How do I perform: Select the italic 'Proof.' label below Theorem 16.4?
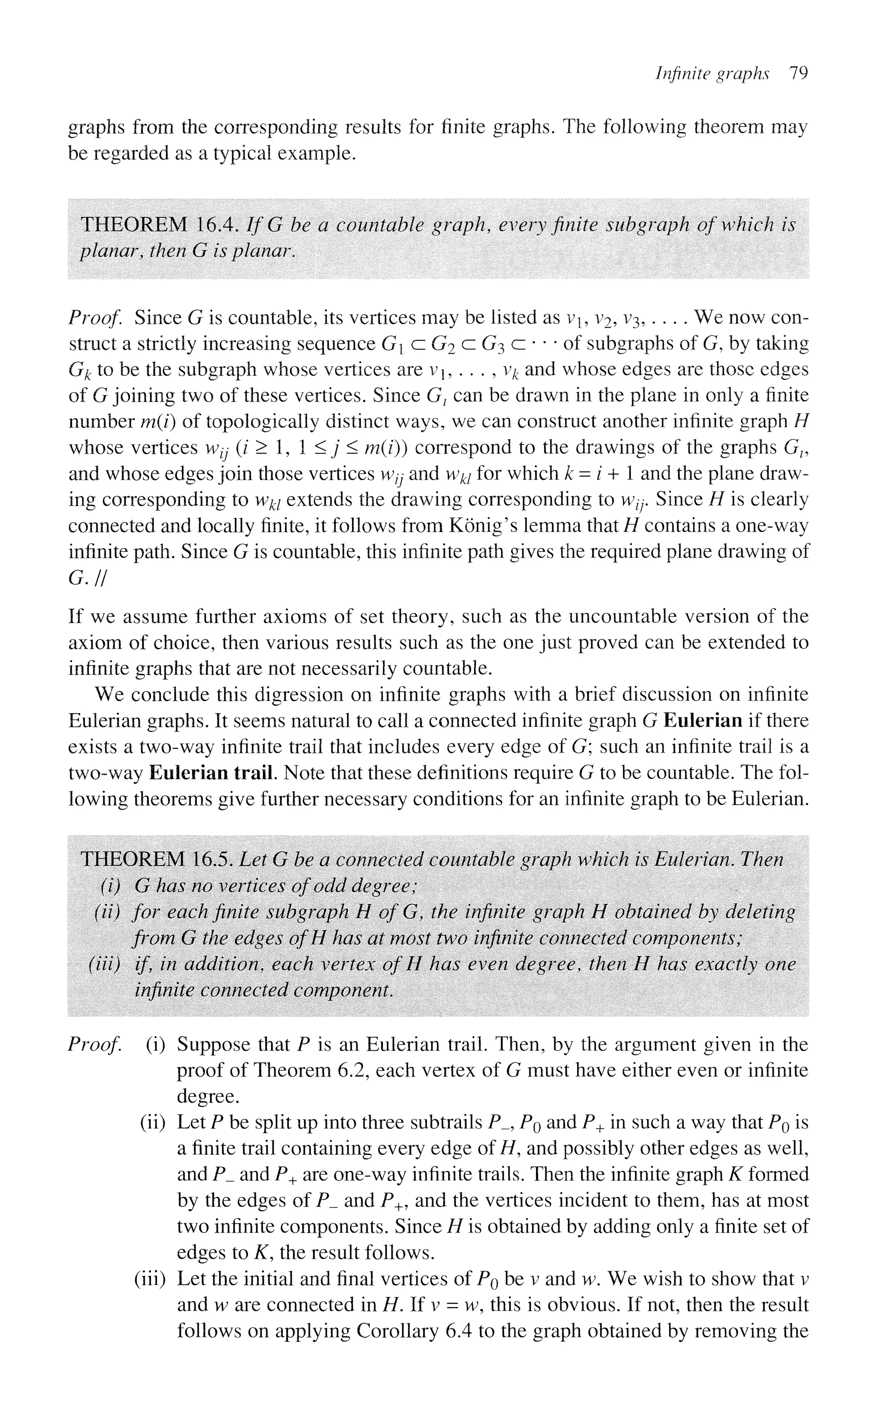point(95,318)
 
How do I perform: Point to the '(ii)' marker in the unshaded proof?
point(153,1122)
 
